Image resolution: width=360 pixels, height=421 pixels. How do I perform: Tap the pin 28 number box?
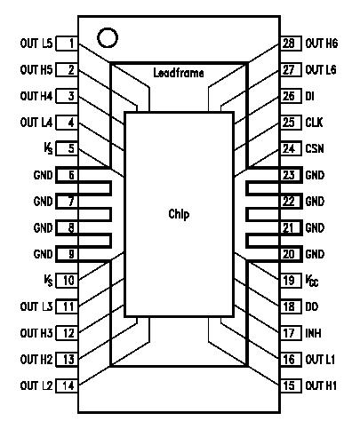click(x=288, y=44)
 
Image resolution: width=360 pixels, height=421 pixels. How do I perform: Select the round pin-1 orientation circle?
click(x=108, y=38)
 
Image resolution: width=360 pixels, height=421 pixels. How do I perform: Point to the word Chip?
click(x=180, y=213)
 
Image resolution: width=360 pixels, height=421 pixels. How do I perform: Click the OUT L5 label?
click(x=36, y=44)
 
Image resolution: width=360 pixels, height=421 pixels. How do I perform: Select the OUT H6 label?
click(x=321, y=44)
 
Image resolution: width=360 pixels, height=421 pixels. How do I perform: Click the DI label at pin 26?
click(x=309, y=95)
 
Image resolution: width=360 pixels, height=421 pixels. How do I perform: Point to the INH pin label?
click(x=313, y=333)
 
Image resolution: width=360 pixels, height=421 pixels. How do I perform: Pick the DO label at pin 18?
click(x=311, y=306)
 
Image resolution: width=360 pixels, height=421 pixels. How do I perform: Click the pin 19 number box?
click(x=288, y=281)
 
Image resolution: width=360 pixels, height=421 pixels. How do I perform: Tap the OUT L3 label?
click(x=36, y=306)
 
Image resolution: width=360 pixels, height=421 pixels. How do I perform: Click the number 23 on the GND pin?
click(x=288, y=175)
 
